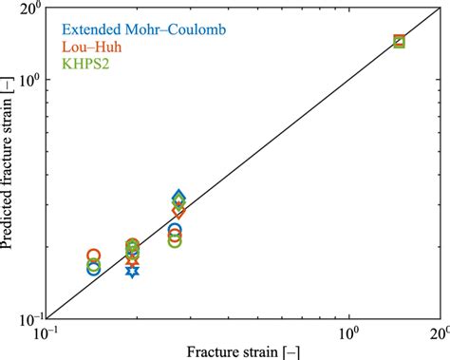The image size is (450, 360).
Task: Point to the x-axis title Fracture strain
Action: [241, 351]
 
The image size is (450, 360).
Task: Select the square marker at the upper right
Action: [399, 41]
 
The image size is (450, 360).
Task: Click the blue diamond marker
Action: [178, 198]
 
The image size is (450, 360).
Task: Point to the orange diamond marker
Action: [178, 210]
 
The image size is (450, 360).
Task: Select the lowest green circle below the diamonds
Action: [175, 241]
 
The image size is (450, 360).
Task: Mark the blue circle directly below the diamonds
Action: [175, 230]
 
